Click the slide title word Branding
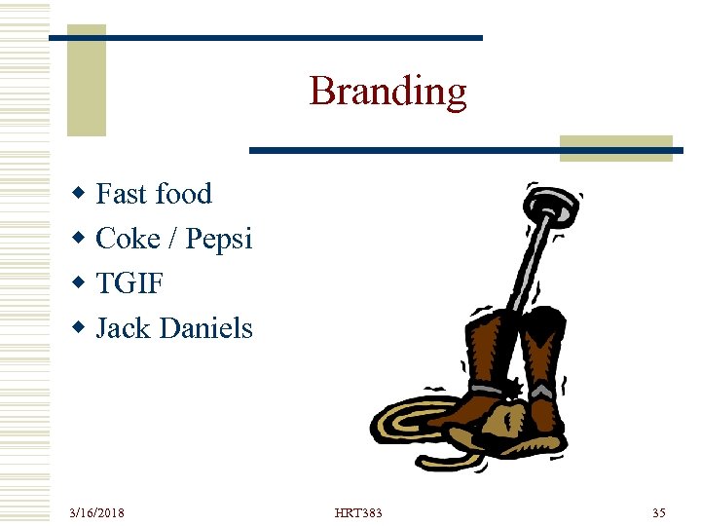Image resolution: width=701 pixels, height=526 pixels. pos(387,92)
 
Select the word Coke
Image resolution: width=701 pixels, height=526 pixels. pos(128,239)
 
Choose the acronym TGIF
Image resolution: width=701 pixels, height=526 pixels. pos(129,284)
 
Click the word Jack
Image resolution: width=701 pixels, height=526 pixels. pos(123,329)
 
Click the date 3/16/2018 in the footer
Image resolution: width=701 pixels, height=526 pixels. pos(96,512)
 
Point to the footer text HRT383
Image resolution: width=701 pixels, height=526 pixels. pos(358,512)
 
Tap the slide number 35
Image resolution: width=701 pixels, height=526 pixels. pos(658,512)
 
